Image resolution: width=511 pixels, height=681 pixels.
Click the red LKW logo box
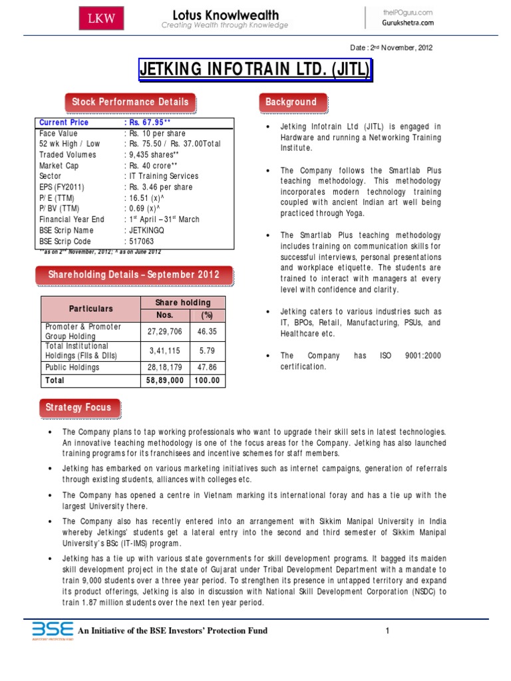pos(101,19)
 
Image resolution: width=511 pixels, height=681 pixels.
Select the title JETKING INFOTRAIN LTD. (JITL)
pos(255,70)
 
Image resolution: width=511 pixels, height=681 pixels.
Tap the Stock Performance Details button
pos(130,102)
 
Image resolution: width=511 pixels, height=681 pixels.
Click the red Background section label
pos(291,102)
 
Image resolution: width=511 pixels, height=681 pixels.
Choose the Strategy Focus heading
pos(79,407)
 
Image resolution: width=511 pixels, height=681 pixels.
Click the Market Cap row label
pos(59,166)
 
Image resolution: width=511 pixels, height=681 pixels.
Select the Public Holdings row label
pos(73,367)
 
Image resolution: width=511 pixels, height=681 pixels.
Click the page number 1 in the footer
pos(386,630)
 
